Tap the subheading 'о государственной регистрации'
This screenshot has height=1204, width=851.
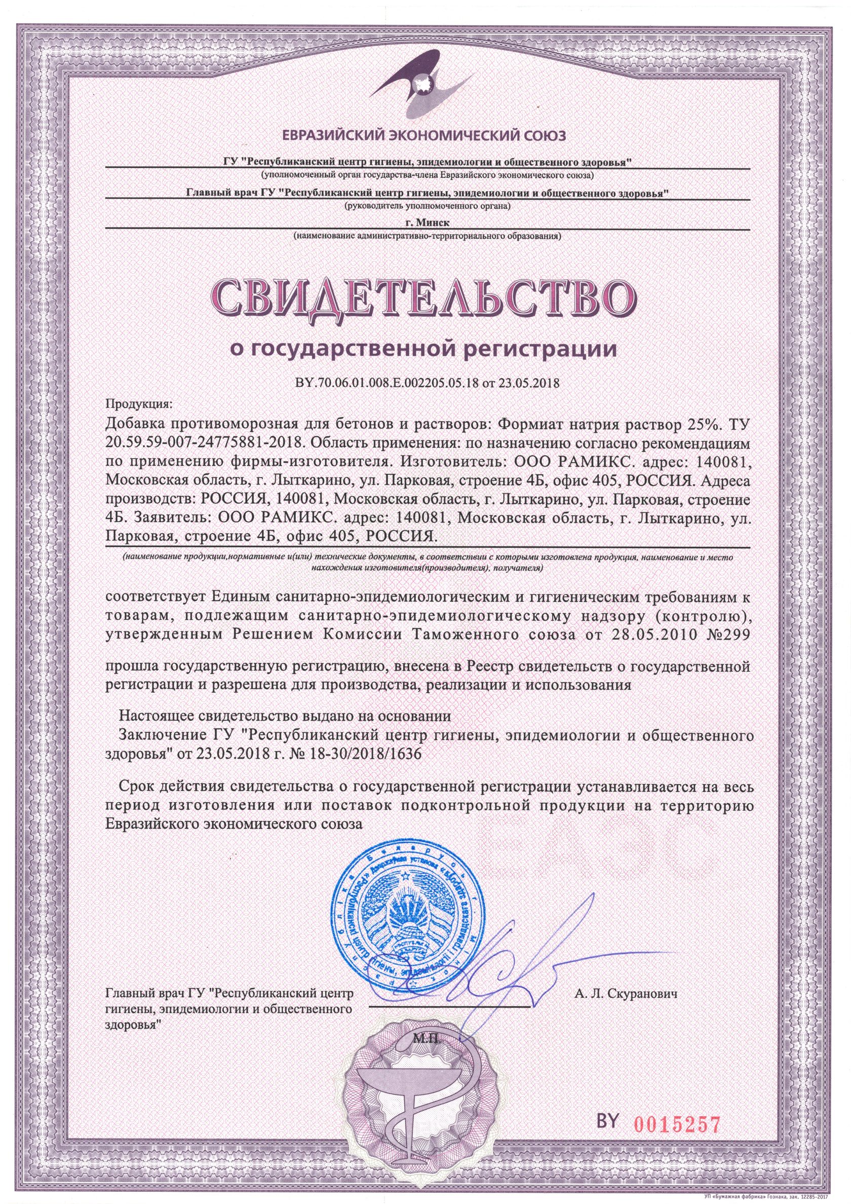coord(425,348)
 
